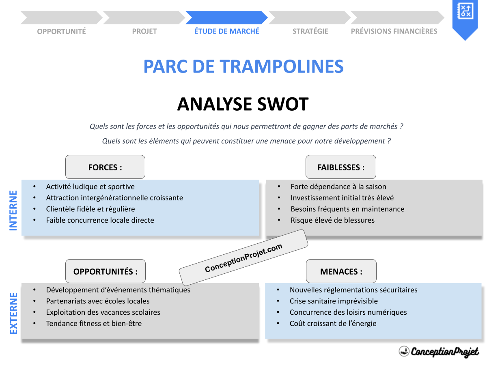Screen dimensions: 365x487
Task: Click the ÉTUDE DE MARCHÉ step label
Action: click(226, 31)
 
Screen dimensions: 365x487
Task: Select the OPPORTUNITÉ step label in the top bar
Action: click(61, 31)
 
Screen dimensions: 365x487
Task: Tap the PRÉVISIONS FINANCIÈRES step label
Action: click(394, 31)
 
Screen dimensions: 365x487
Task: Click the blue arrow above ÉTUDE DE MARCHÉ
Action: click(226, 18)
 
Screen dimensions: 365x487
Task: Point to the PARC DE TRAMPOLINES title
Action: click(243, 67)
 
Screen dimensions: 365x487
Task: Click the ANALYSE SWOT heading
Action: click(243, 104)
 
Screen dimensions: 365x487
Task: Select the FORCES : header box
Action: click(105, 167)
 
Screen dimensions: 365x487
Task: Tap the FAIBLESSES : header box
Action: click(340, 167)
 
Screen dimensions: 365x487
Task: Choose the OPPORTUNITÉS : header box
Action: click(105, 271)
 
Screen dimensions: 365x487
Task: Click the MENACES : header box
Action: click(341, 271)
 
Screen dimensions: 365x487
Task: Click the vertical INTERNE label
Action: click(13, 210)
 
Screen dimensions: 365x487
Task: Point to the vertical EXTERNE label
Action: click(13, 313)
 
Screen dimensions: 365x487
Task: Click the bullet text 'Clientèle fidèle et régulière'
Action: click(90, 209)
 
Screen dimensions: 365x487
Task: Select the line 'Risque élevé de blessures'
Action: click(332, 220)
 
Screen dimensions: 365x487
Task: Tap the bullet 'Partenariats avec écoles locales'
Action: click(97, 301)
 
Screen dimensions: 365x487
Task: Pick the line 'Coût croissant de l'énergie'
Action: click(333, 323)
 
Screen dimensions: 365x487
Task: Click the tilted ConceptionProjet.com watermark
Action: click(243, 258)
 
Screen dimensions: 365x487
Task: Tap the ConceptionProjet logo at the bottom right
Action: click(439, 351)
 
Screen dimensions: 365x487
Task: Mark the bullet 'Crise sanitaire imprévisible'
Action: click(334, 301)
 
